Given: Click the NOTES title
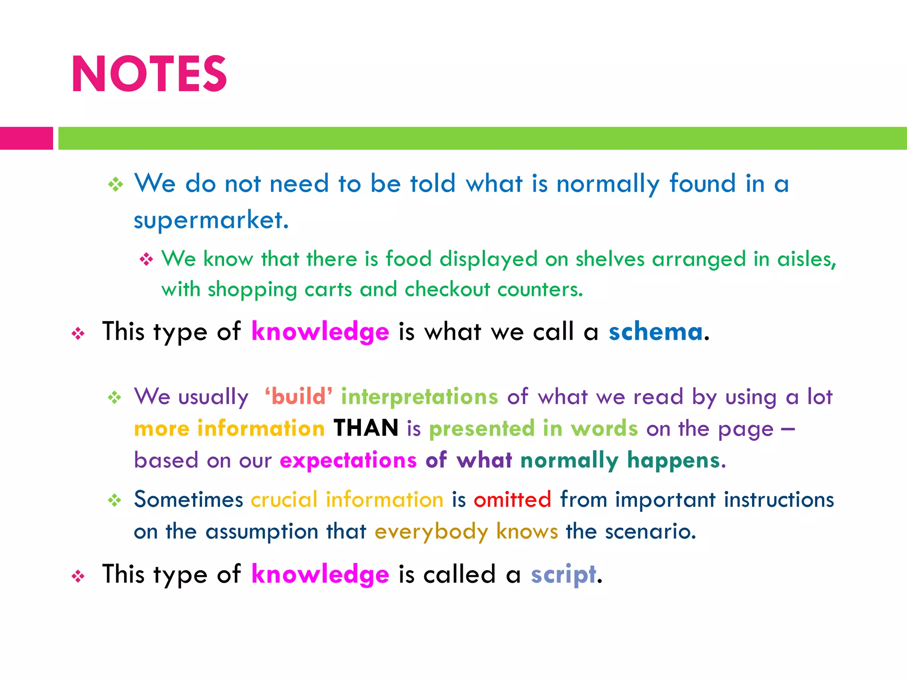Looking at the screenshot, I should [x=149, y=74].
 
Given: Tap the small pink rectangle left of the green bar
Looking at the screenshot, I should [x=26, y=138].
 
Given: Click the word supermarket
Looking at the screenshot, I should [x=211, y=220].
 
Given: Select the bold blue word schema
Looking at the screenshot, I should [x=655, y=332].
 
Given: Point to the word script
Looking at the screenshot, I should [x=563, y=574].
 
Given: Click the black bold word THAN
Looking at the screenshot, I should [x=366, y=428].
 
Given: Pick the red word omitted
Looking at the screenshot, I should [x=512, y=499].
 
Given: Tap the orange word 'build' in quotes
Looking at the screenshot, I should [x=298, y=396].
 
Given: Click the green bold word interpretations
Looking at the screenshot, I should [x=419, y=396].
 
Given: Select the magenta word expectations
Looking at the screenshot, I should [x=348, y=460].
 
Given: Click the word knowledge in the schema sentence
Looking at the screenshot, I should [x=320, y=332].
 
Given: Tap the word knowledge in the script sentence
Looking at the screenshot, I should [x=320, y=574].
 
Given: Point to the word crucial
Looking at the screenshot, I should [x=284, y=499].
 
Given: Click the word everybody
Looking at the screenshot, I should [x=431, y=531].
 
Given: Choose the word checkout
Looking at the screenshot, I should [x=447, y=290].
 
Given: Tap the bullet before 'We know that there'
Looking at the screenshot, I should [x=146, y=259].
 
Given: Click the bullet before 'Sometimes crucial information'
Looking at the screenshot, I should [x=115, y=500].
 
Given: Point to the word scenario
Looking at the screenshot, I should [x=650, y=531].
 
